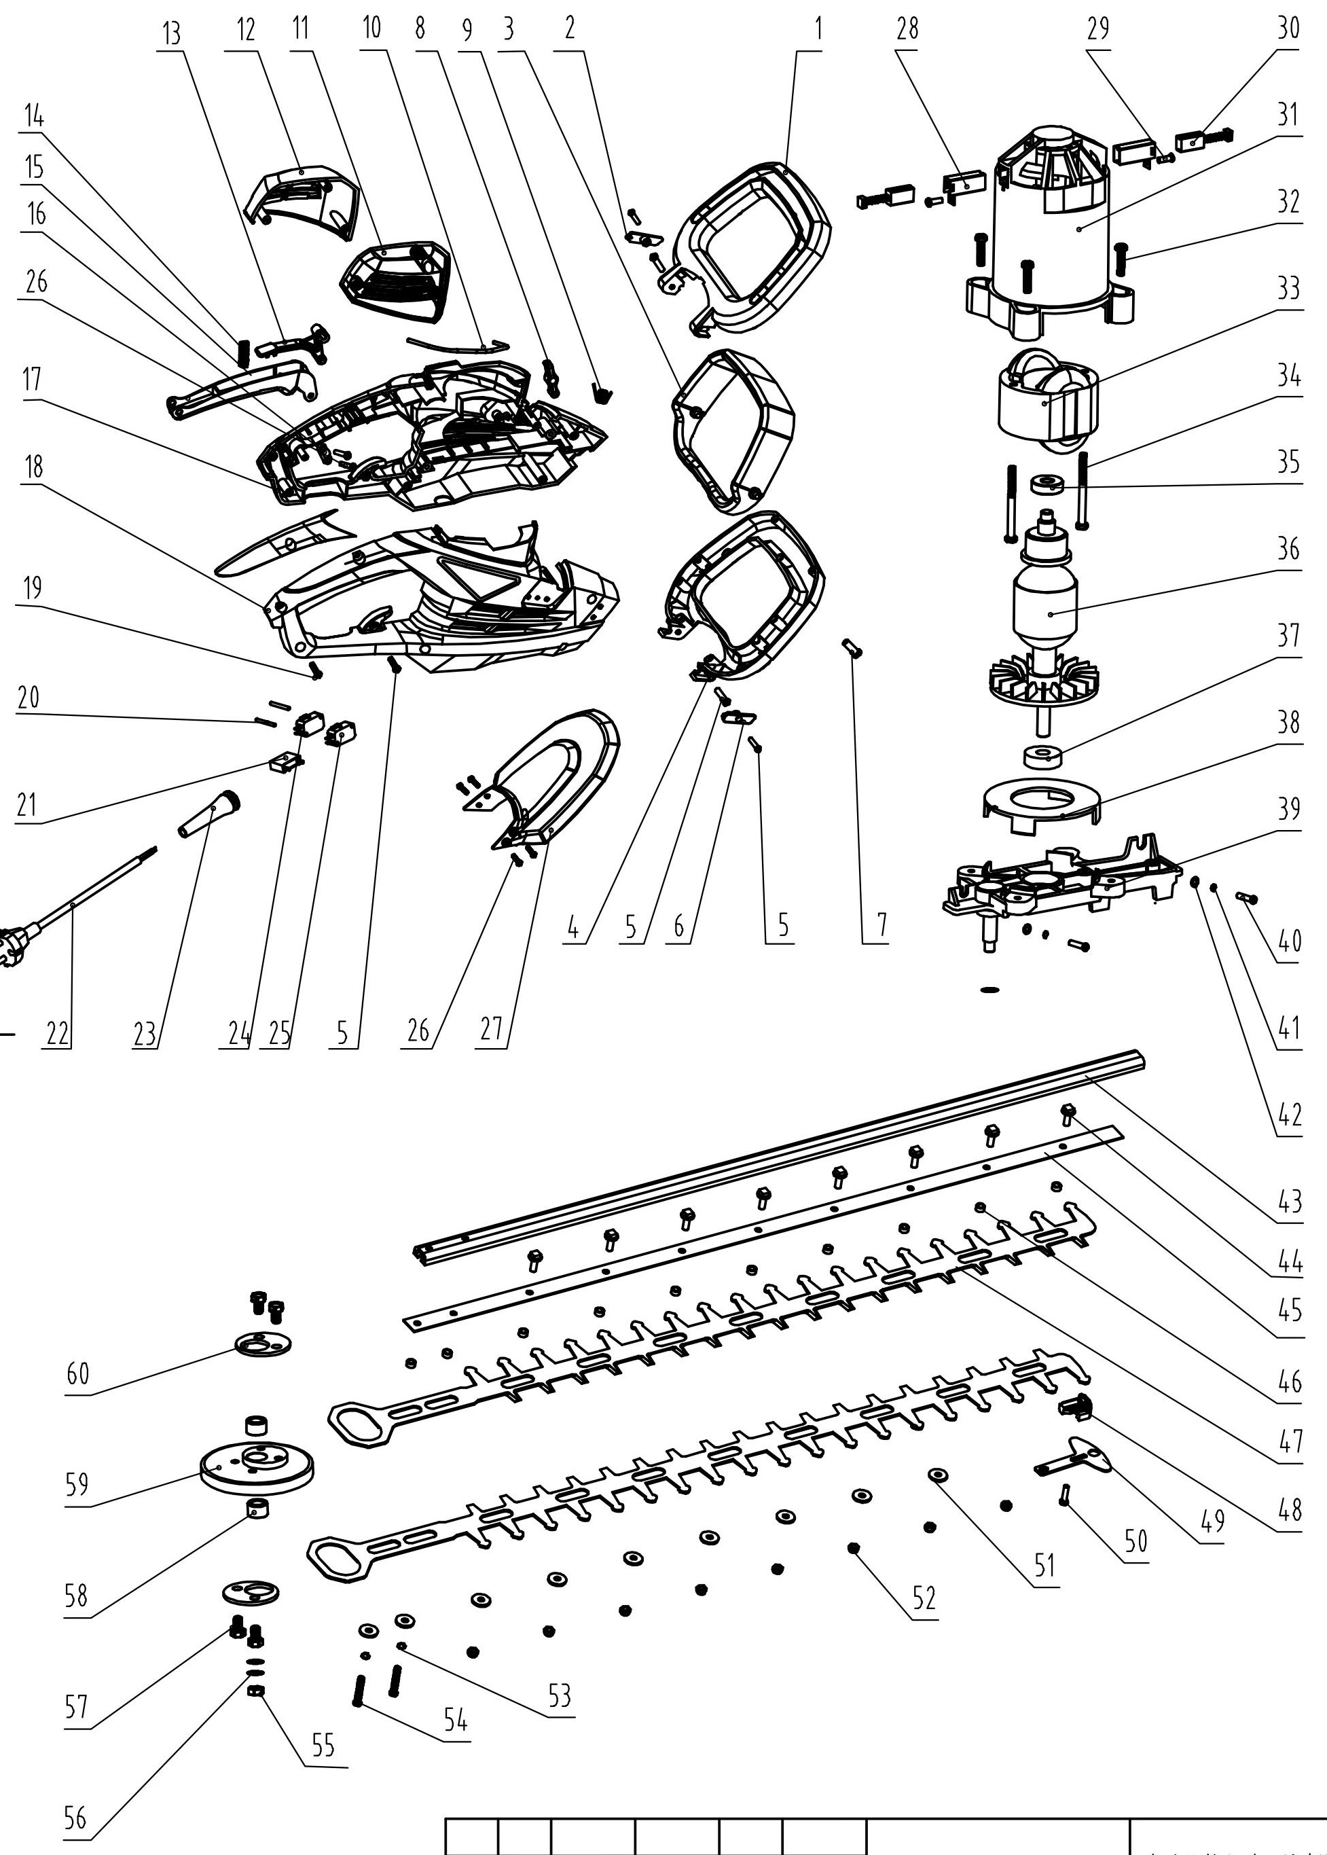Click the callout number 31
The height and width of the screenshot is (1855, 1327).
(x=1288, y=113)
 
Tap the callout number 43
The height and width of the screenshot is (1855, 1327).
(x=1290, y=1202)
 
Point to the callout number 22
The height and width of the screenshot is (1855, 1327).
(x=57, y=1034)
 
